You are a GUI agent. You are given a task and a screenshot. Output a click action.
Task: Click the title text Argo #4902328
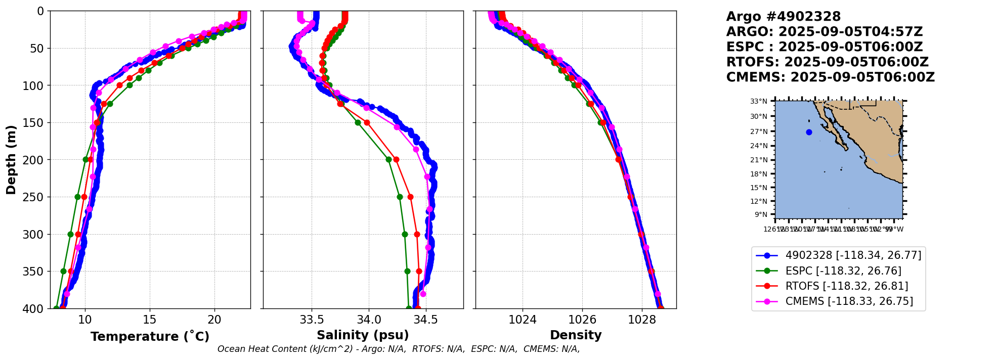pyautogui.click(x=783, y=17)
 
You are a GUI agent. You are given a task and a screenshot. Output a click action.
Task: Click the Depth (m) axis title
pyautogui.click(x=11, y=160)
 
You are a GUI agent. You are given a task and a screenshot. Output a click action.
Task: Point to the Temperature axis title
pyautogui.click(x=150, y=337)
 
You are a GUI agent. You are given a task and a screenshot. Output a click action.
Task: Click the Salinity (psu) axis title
pyautogui.click(x=363, y=335)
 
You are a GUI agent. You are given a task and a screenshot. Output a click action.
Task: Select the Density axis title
pyautogui.click(x=576, y=335)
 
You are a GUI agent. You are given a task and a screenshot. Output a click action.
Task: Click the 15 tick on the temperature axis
pyautogui.click(x=150, y=320)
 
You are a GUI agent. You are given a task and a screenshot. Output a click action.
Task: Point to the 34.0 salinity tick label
pyautogui.click(x=369, y=320)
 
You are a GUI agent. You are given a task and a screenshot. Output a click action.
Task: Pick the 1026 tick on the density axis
pyautogui.click(x=582, y=320)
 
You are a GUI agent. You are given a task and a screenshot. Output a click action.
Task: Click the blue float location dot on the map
pyautogui.click(x=809, y=132)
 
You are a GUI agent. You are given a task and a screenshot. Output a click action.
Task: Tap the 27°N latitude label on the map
pyautogui.click(x=759, y=131)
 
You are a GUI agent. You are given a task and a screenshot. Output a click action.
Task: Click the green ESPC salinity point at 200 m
pyautogui.click(x=388, y=159)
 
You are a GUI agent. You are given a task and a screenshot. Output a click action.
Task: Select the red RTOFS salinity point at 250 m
pyautogui.click(x=410, y=197)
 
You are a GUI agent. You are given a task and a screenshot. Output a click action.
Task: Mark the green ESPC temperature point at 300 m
pyautogui.click(x=70, y=234)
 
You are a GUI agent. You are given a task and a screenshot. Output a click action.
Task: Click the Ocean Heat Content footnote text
pyautogui.click(x=399, y=349)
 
